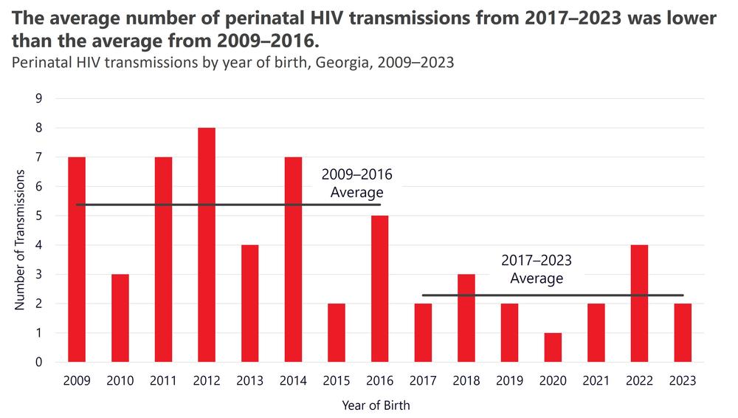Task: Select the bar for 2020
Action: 552,348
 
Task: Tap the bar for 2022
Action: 639,304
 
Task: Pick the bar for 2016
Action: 379,289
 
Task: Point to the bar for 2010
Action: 120,318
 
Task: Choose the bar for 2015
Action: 336,333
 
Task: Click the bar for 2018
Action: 466,318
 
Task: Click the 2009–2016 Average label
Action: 357,184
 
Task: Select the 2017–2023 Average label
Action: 537,270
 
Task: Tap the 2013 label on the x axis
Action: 249,381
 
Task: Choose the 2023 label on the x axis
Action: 682,381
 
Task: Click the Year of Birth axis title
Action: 376,405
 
